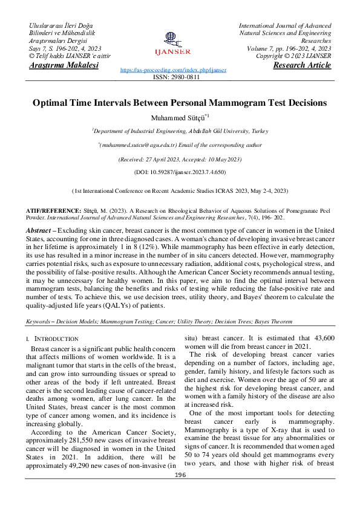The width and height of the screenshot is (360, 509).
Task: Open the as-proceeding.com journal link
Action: click(174, 70)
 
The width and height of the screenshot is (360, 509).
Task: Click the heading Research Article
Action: click(302, 65)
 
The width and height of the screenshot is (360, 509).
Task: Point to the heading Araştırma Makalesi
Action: click(64, 65)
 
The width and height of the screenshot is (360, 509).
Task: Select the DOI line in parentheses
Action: click(180, 172)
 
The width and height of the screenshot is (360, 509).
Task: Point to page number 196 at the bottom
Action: click(180, 492)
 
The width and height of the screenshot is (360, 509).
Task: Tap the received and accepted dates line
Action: click(180, 159)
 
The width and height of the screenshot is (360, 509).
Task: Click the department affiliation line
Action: click(180, 131)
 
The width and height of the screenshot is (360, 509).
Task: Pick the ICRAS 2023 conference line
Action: click(180, 190)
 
